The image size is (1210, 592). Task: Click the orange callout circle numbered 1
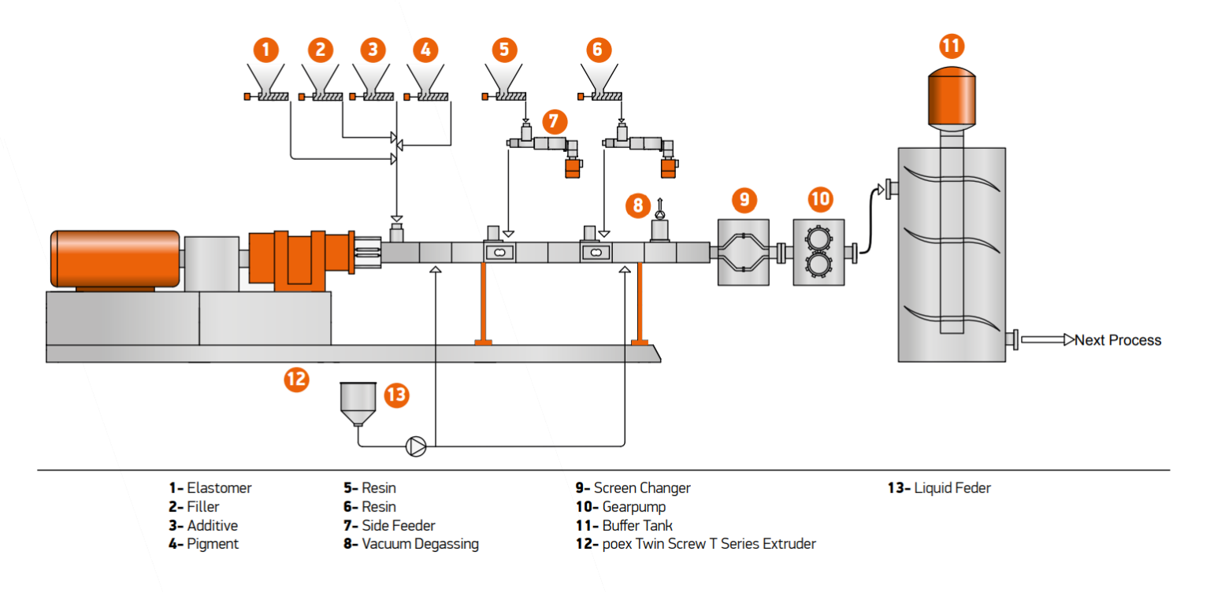[x=266, y=50]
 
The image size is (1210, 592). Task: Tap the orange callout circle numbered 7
[x=554, y=120]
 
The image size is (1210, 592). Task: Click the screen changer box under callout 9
[x=743, y=253]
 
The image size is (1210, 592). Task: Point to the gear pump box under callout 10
[x=818, y=253]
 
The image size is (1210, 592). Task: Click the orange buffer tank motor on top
[x=952, y=97]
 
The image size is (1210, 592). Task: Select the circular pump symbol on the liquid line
[x=416, y=446]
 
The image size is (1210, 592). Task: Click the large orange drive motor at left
[x=115, y=258]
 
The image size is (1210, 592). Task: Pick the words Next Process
[x=1118, y=340]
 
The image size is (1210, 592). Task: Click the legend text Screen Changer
[x=641, y=488]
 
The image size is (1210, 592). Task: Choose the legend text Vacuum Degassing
[x=419, y=544]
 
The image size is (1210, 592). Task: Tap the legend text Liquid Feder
[x=952, y=488]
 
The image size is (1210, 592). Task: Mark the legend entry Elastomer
[x=218, y=488]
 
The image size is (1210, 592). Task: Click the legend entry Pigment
[x=212, y=544]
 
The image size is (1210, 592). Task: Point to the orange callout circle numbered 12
[x=295, y=379]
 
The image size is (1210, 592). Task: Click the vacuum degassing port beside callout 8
[x=660, y=229]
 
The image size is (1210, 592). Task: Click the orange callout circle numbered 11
[x=952, y=46]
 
